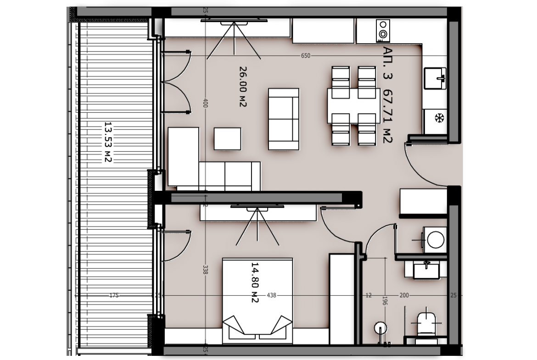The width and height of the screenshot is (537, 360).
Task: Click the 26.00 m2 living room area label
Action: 243,87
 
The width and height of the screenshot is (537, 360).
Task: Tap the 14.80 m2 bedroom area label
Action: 254,282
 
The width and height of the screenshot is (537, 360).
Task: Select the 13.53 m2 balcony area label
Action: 108,142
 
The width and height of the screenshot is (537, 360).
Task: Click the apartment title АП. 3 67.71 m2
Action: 387,95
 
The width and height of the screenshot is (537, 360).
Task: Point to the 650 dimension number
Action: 306,56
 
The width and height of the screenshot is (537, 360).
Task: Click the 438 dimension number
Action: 271,295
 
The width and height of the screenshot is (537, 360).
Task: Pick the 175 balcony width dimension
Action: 114,295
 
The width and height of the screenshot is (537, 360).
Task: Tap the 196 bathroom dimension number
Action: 385,301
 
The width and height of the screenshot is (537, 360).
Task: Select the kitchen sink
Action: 435,78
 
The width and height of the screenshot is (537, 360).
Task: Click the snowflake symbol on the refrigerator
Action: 439,118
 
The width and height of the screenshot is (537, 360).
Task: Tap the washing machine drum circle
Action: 436,239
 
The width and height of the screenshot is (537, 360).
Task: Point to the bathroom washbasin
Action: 426,270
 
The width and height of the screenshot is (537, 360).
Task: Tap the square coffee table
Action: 227,138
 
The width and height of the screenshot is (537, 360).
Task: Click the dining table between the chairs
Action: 354,106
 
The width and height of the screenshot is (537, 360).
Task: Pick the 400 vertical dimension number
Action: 205,103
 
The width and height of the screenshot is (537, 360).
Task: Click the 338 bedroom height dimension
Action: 205,270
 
